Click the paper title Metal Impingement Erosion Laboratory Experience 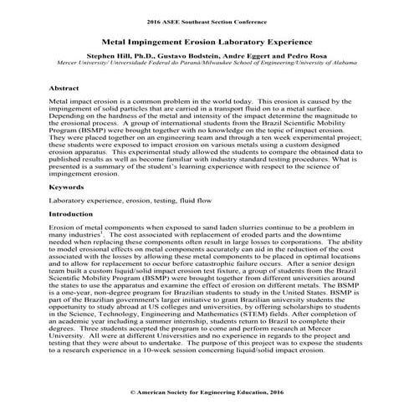pyautogui.click(x=207, y=39)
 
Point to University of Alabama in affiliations pyautogui.click(x=327, y=61)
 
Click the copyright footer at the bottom pyautogui.click(x=207, y=391)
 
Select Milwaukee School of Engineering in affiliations pyautogui.click(x=248, y=61)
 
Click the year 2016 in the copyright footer pyautogui.click(x=273, y=391)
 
